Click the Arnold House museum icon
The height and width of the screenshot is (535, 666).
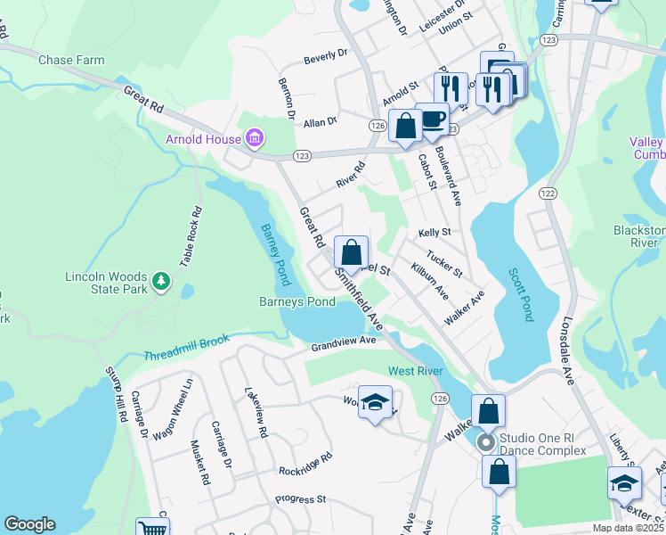(x=256, y=139)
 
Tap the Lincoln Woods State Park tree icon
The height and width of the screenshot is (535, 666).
(x=161, y=282)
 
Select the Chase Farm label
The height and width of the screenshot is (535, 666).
(x=71, y=61)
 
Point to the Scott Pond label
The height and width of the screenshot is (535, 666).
(x=523, y=295)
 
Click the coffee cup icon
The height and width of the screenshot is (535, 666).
(x=433, y=120)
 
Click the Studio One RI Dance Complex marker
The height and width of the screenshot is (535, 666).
(x=485, y=442)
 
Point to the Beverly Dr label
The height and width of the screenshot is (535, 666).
(x=325, y=57)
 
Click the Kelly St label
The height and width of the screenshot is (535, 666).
(x=435, y=232)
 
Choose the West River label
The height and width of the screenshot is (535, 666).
(x=414, y=370)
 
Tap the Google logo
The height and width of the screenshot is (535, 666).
(x=29, y=524)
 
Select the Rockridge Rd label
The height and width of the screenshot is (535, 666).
(x=305, y=464)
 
